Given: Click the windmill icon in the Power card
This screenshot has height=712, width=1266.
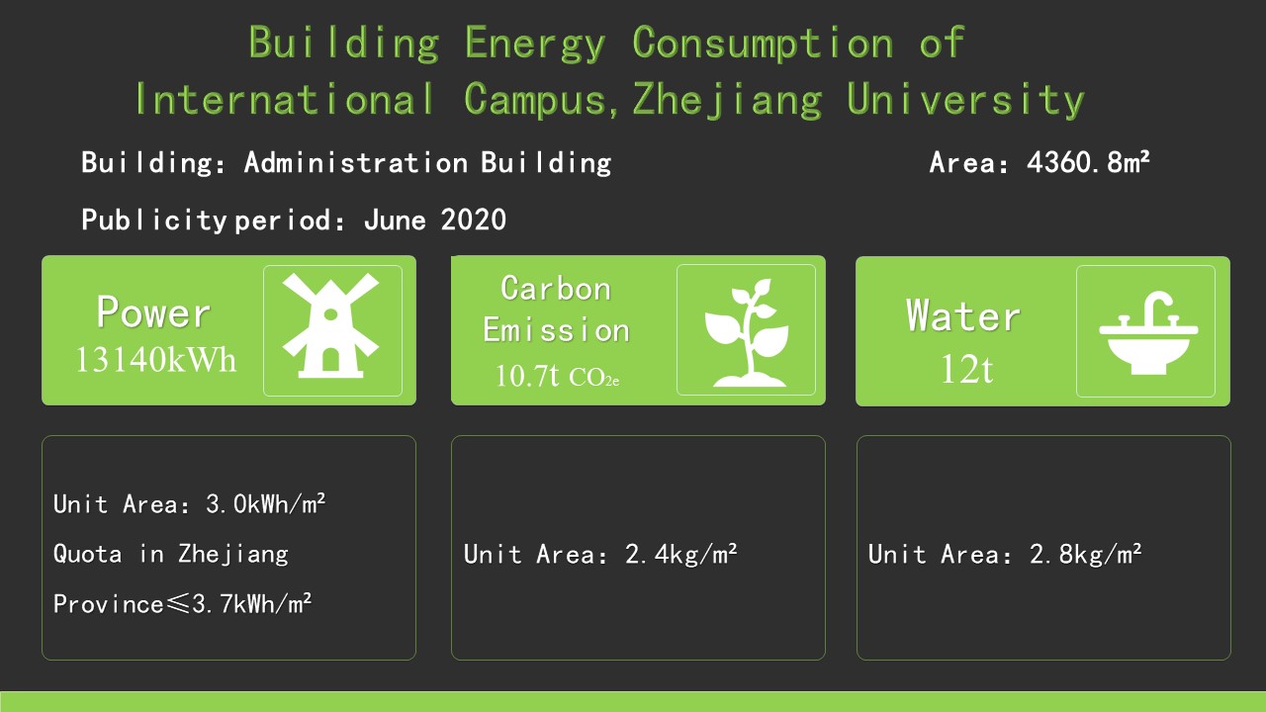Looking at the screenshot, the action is point(331,325).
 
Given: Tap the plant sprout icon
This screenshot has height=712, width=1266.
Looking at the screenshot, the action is point(747,332).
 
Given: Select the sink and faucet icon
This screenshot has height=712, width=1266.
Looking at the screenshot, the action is point(1148,333).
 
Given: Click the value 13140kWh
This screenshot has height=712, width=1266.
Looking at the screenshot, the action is point(155,360).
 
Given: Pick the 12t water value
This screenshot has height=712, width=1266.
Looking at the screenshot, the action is point(966,370).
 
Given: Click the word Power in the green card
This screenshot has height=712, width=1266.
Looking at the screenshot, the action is point(153,311).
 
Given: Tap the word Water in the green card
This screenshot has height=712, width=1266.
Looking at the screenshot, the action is point(963,315).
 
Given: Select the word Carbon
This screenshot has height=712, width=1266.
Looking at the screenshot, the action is point(556,289).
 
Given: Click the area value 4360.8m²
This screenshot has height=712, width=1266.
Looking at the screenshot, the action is point(1088,162).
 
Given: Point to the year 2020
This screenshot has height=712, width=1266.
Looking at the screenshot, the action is point(474,220).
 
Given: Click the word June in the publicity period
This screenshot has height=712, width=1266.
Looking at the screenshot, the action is point(395,220).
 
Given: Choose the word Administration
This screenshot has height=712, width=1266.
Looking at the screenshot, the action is point(356,163).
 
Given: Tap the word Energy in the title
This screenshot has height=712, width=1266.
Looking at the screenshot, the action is point(535,43).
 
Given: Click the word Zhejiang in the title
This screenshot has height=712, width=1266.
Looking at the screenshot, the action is point(727,100).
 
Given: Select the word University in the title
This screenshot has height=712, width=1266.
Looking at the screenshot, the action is point(965,100).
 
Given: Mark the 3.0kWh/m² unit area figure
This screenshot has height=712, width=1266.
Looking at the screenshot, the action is point(266,503).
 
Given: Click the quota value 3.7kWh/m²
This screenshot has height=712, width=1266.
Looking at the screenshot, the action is point(251,604).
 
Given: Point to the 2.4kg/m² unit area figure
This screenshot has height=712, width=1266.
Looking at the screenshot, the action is point(681,555).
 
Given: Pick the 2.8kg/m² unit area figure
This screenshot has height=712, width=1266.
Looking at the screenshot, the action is point(1086,555).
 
